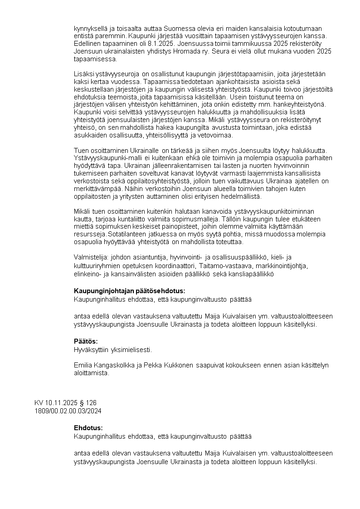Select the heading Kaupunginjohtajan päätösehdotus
(x=129, y=291)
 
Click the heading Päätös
(x=86, y=341)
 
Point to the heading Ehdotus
(x=88, y=428)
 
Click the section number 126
(x=91, y=403)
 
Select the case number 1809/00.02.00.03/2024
(x=68, y=411)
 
